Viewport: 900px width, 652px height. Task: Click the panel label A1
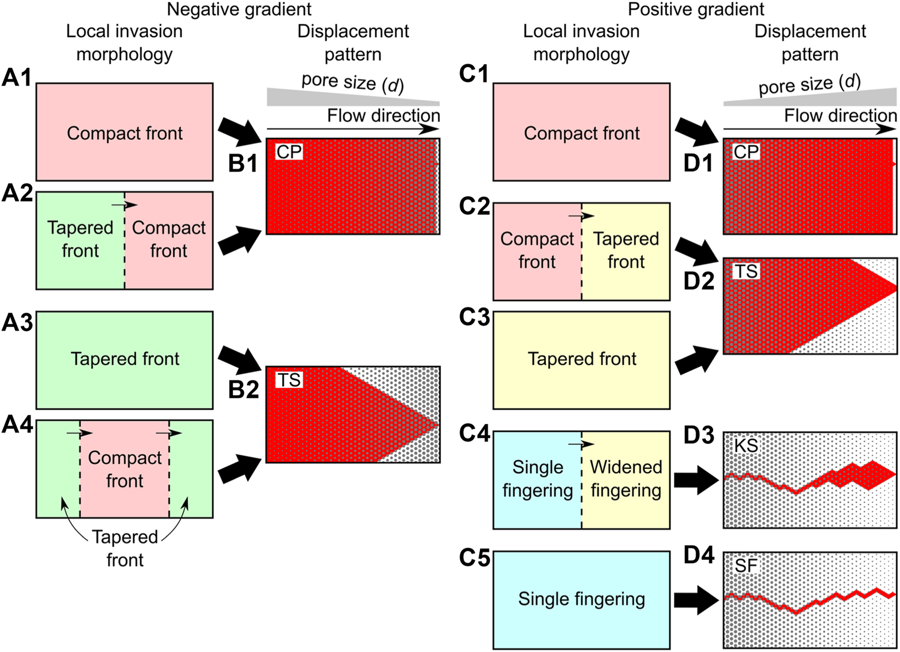click(x=17, y=77)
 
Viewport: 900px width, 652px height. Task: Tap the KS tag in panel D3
click(x=746, y=446)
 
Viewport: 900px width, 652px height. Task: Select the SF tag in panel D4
click(x=746, y=566)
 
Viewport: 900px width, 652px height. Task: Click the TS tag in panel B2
click(x=289, y=380)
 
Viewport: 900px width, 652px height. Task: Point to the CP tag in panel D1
click(x=746, y=152)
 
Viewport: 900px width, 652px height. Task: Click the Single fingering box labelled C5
click(x=581, y=599)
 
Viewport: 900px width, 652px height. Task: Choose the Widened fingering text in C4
click(x=626, y=479)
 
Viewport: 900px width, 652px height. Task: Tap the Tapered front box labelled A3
click(x=125, y=359)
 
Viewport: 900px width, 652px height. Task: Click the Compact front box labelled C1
click(x=581, y=133)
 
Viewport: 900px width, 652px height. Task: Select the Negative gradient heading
click(x=239, y=10)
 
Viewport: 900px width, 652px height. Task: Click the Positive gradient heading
click(x=696, y=10)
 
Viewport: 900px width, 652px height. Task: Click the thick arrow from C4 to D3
click(x=696, y=480)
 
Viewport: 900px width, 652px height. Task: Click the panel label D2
click(x=699, y=281)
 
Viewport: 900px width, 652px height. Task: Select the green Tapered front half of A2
click(x=80, y=240)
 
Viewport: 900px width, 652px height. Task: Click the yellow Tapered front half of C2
click(x=626, y=251)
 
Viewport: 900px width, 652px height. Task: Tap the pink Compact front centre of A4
click(x=125, y=468)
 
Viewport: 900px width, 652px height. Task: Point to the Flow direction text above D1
click(x=840, y=115)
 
